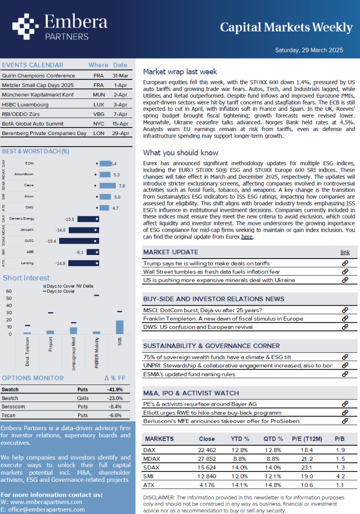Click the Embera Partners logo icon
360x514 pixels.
click(26, 27)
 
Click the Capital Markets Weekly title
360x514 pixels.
click(286, 28)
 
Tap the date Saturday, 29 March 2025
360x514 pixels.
click(309, 50)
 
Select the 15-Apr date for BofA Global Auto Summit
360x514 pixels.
click(121, 123)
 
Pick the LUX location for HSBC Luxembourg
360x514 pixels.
click(99, 104)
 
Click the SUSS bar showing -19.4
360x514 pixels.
click(79, 241)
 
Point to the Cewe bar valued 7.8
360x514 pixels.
click(107, 186)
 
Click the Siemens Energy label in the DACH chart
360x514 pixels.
click(22, 219)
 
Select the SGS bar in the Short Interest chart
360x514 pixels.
click(119, 327)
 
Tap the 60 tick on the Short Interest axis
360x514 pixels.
click(9, 291)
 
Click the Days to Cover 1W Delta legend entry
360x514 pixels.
click(68, 286)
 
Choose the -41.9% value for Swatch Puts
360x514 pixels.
click(115, 390)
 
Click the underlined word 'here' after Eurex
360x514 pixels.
click(247, 237)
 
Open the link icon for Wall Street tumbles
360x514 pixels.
click(345, 272)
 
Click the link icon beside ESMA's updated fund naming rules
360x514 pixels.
click(345, 374)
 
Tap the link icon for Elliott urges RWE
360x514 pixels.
click(345, 413)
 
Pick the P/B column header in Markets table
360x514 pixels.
click(340, 439)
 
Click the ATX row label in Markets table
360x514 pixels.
click(148, 485)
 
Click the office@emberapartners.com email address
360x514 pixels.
click(46, 510)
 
